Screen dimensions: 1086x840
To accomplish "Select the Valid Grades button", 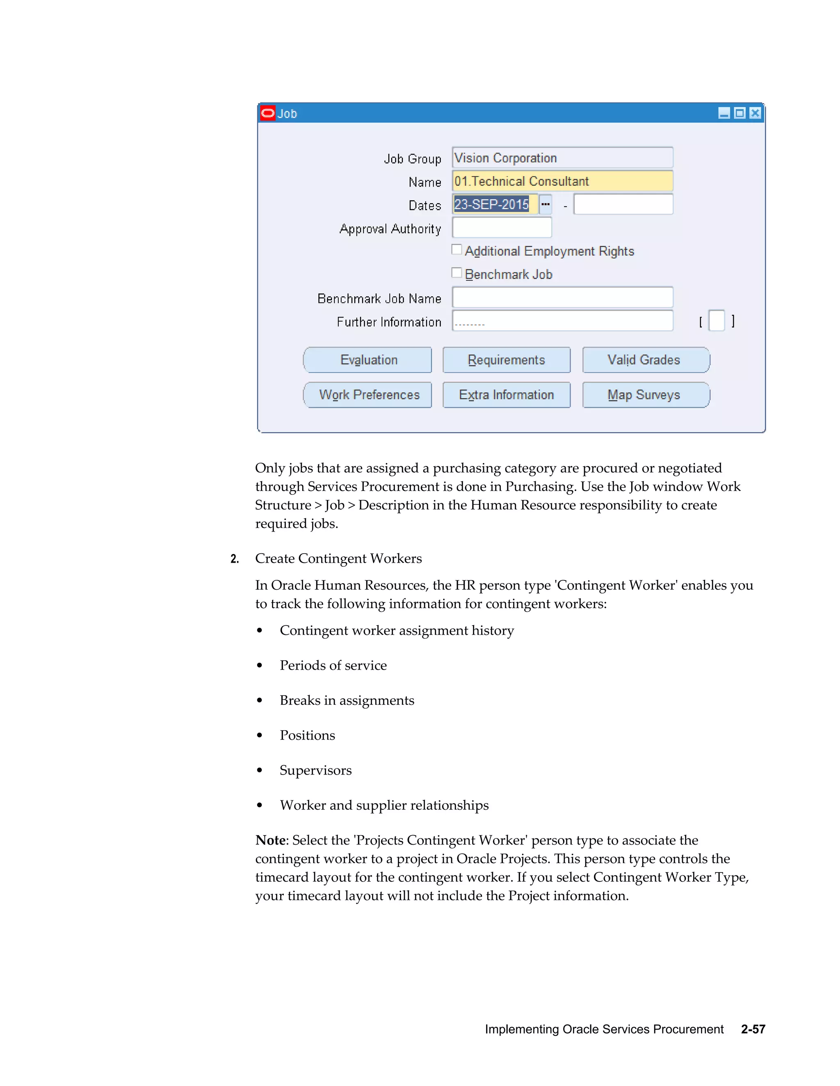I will click(x=646, y=360).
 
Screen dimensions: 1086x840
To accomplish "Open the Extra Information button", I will click(x=506, y=395).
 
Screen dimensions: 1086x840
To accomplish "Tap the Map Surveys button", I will click(x=646, y=395).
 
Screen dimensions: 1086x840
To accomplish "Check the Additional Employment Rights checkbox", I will click(x=457, y=250).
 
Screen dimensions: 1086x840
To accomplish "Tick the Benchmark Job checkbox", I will click(x=457, y=273).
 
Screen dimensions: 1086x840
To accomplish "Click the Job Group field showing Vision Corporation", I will click(x=562, y=158).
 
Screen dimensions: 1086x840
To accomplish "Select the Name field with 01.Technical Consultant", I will click(x=562, y=181).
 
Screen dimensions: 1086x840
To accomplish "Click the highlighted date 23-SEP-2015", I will click(x=492, y=204).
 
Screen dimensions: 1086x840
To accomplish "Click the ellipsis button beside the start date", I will click(x=546, y=204).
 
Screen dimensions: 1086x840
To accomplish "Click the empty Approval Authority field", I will click(x=502, y=228).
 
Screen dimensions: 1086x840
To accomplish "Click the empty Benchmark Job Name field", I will click(x=562, y=298).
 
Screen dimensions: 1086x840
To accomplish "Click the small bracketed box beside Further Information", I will click(x=716, y=321).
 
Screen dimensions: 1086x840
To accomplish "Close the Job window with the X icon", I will click(x=755, y=114).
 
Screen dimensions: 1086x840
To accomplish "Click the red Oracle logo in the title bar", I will click(x=268, y=114).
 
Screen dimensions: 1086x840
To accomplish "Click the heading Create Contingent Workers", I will click(x=338, y=559).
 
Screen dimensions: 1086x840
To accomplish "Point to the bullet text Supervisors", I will click(x=315, y=770).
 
